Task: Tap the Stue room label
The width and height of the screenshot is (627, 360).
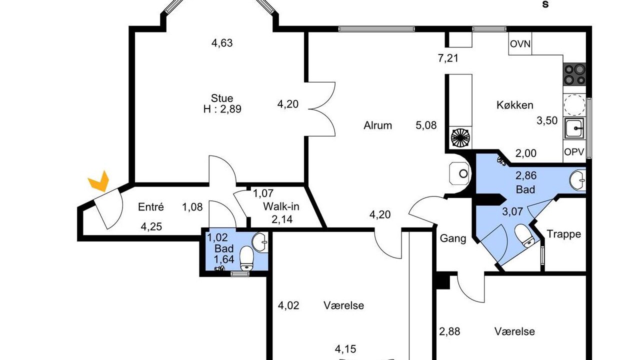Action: point(222,98)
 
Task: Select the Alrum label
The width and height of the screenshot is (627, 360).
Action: point(377,125)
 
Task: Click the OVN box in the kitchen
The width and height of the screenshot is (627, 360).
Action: point(520,43)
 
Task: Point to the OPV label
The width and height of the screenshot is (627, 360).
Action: point(574,152)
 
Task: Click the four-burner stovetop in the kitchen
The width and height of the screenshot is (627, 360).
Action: point(574,74)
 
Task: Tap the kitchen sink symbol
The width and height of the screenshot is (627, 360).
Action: point(574,128)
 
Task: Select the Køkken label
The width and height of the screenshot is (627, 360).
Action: point(515,105)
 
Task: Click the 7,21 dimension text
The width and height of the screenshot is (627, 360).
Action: point(448,58)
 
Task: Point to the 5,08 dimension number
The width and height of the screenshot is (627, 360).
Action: point(426,125)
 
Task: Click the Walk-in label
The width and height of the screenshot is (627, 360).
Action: point(281,206)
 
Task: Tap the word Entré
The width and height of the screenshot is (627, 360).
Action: point(151,207)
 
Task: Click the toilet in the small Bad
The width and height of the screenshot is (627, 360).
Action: point(246,258)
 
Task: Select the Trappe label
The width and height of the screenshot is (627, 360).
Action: point(563,233)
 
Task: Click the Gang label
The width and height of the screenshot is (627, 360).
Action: point(453,238)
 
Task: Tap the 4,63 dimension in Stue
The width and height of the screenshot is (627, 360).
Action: point(222,43)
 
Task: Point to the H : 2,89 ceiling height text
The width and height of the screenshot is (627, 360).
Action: point(222,109)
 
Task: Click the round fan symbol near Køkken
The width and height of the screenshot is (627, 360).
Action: point(460,137)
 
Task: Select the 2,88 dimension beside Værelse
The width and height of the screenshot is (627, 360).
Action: point(449,331)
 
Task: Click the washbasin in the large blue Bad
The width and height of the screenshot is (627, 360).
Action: point(577,180)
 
